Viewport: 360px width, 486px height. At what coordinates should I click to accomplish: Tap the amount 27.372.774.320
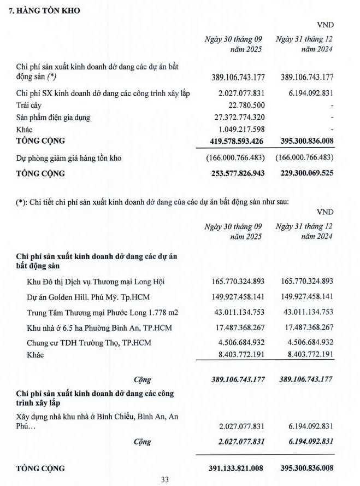pos(238,118)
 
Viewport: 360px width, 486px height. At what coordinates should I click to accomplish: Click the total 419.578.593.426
pos(234,141)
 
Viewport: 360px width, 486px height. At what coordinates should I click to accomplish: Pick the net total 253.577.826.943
pos(234,173)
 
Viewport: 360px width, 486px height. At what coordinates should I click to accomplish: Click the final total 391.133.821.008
pos(234,468)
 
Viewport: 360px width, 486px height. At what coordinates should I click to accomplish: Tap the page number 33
pos(165,479)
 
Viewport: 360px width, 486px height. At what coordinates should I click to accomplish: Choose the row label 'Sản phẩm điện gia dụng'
pos(53,118)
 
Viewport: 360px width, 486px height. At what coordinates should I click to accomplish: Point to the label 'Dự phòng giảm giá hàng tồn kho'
pos(68,158)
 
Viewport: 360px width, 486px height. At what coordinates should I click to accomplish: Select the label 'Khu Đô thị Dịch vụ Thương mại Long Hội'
pos(96,282)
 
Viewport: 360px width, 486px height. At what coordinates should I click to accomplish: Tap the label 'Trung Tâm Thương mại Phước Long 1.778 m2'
pos(103,313)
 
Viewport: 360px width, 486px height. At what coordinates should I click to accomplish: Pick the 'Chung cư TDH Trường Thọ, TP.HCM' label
pos(89,343)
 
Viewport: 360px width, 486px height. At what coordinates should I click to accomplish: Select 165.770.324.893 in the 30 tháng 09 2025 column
pos(238,282)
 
